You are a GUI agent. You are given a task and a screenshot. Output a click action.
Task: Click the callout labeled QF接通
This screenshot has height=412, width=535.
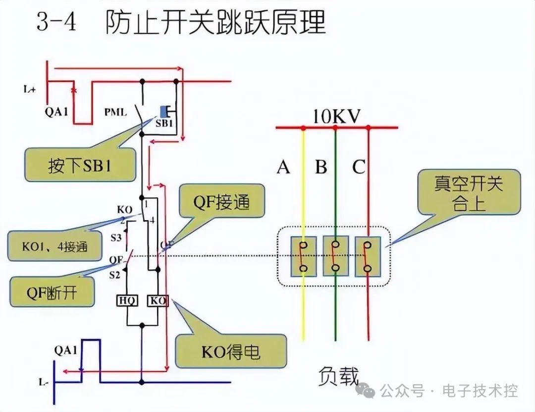[x=221, y=203]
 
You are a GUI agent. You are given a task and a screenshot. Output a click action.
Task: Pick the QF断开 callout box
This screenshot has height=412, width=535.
[x=52, y=292]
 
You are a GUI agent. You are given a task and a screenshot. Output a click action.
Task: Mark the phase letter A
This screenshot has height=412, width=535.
[x=283, y=168]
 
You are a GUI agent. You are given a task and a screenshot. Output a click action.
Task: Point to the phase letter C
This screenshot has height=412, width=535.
[x=359, y=168]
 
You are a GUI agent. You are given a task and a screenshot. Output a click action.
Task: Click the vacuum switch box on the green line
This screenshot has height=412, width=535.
[x=335, y=256]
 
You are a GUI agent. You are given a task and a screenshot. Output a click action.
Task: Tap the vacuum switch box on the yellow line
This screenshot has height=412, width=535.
[x=303, y=256]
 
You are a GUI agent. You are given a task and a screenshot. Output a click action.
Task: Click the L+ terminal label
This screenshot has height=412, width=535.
[x=29, y=90]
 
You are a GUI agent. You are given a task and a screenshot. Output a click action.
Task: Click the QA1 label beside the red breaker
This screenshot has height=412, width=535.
[x=56, y=112]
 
